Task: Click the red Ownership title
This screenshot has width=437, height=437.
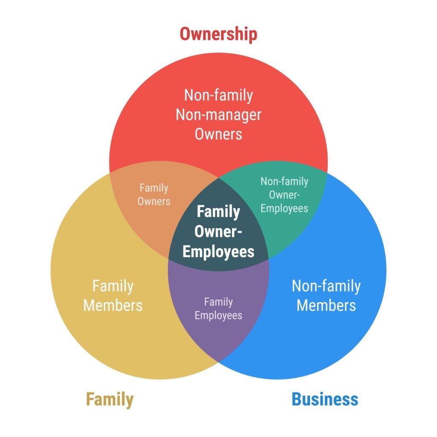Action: pyautogui.click(x=218, y=34)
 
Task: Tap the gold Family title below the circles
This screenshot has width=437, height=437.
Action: pyautogui.click(x=110, y=399)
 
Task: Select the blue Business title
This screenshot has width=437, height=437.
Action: pyautogui.click(x=325, y=399)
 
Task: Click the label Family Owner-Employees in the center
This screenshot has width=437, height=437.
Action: pyautogui.click(x=218, y=231)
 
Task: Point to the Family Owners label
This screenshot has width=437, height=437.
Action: pyautogui.click(x=154, y=194)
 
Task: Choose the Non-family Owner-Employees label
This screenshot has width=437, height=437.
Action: pyautogui.click(x=284, y=195)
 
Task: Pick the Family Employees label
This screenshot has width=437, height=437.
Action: pyautogui.click(x=218, y=309)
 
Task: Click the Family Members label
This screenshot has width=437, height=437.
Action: pyautogui.click(x=113, y=295)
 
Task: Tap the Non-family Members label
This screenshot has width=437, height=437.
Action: pyautogui.click(x=326, y=295)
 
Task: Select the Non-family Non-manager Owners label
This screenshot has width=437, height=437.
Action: pyautogui.click(x=218, y=114)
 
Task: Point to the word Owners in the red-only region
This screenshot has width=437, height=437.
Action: pyautogui.click(x=218, y=134)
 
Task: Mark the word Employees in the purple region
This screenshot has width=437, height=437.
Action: pyautogui.click(x=218, y=315)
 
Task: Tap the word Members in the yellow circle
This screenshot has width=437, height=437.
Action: pyautogui.click(x=113, y=305)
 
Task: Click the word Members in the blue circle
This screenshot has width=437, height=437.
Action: pyautogui.click(x=326, y=305)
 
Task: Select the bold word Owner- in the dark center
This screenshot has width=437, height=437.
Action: pyautogui.click(x=218, y=232)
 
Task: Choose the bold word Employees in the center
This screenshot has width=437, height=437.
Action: pyautogui.click(x=218, y=251)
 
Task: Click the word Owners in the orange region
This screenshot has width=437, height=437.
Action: pyautogui.click(x=154, y=201)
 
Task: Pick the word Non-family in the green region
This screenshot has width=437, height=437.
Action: pyautogui.click(x=284, y=181)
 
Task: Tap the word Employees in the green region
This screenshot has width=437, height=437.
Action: pyautogui.click(x=284, y=208)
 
